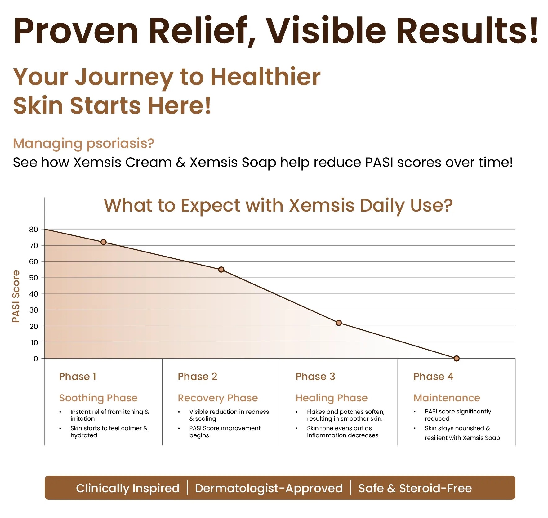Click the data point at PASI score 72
pyautogui.click(x=104, y=242)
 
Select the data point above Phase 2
pyautogui.click(x=221, y=270)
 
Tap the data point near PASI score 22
pyautogui.click(x=339, y=323)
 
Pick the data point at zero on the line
pyautogui.click(x=457, y=359)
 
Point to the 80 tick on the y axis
pyautogui.click(x=33, y=230)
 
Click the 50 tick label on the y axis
pyautogui.click(x=33, y=278)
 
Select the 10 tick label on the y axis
pyautogui.click(x=34, y=343)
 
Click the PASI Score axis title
pyautogui.click(x=16, y=296)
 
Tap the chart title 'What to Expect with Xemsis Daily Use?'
pyautogui.click(x=278, y=206)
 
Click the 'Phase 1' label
pyautogui.click(x=78, y=377)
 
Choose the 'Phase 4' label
pyautogui.click(x=433, y=377)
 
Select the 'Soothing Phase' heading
pyautogui.click(x=98, y=398)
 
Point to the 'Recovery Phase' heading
pyautogui.click(x=218, y=398)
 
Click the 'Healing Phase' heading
pyautogui.click(x=332, y=398)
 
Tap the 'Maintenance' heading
pyautogui.click(x=447, y=398)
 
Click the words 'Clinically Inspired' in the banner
pyautogui.click(x=128, y=488)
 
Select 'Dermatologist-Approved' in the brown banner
pyautogui.click(x=269, y=488)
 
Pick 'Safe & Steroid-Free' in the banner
pyautogui.click(x=415, y=488)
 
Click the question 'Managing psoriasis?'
pyautogui.click(x=83, y=144)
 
